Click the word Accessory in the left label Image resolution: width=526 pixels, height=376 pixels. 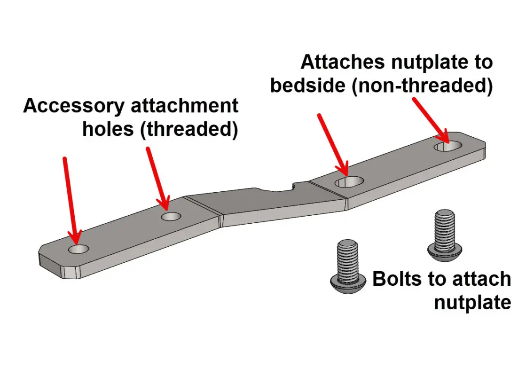click(73, 106)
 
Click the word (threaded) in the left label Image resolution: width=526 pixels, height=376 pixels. click(189, 129)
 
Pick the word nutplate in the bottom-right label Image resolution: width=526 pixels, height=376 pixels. click(472, 302)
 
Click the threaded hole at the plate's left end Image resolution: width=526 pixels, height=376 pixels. click(78, 249)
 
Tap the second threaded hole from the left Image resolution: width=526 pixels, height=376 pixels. click(171, 217)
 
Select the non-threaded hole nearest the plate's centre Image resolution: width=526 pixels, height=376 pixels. click(348, 182)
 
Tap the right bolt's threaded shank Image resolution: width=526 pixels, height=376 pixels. click(444, 226)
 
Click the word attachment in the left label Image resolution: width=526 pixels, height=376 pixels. click(185, 106)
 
